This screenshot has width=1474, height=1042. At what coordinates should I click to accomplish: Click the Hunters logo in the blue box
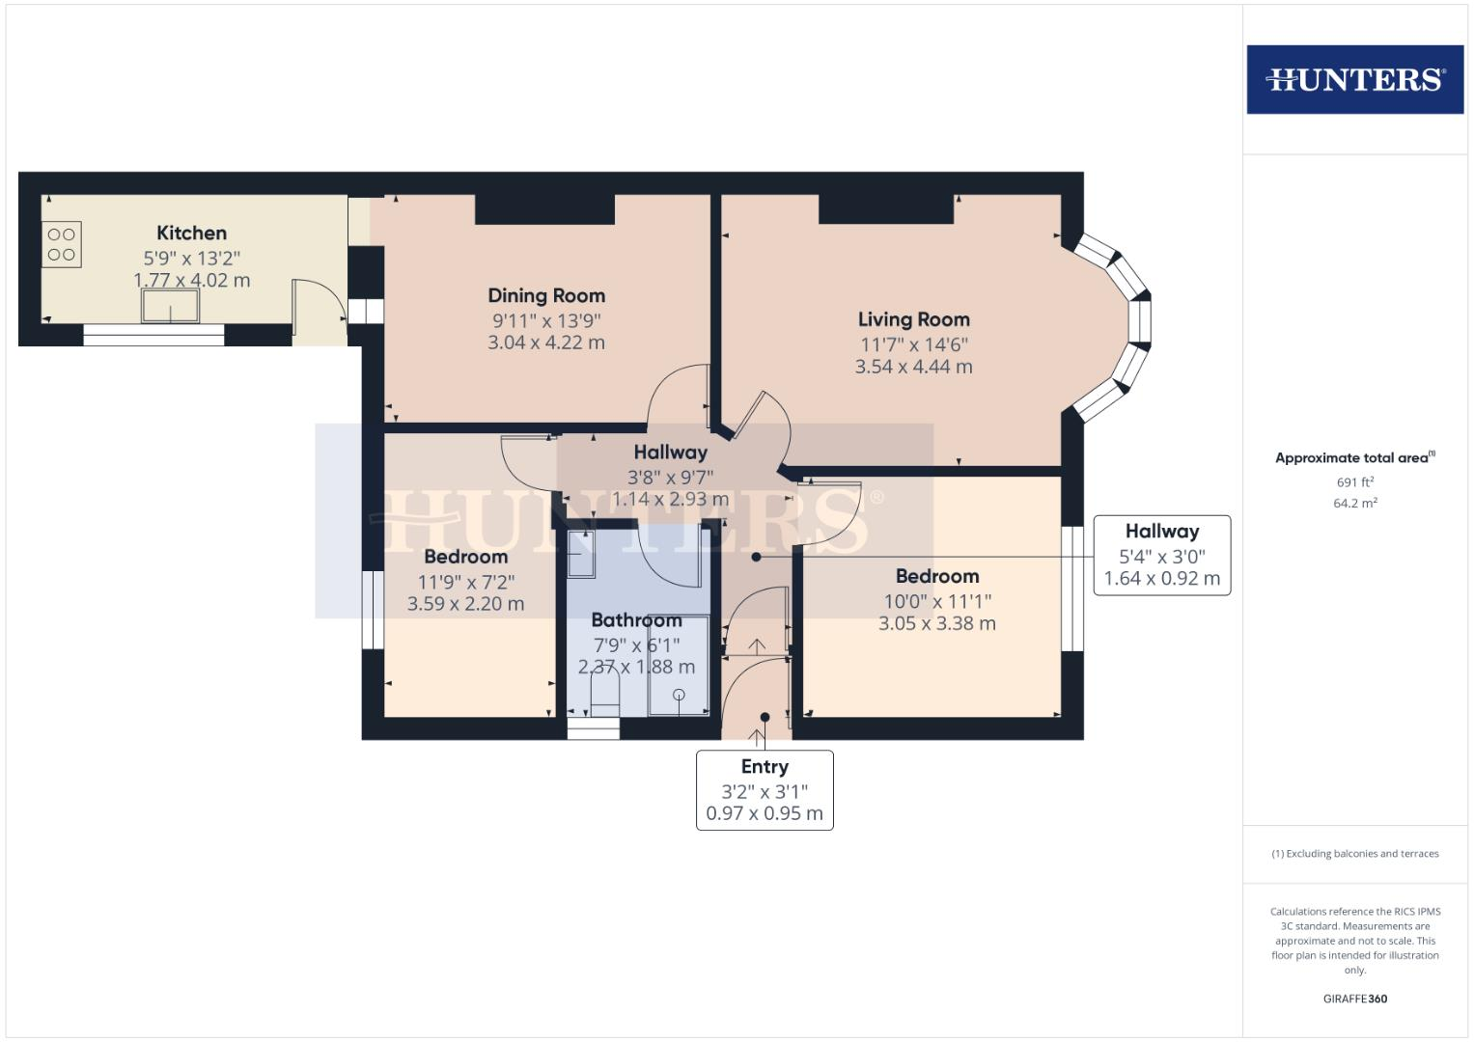click(x=1354, y=79)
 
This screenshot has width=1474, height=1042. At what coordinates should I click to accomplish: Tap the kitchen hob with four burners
click(x=62, y=244)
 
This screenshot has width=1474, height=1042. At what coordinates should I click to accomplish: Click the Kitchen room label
click(x=191, y=233)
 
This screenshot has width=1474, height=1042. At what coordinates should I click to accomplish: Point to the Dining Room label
click(x=546, y=295)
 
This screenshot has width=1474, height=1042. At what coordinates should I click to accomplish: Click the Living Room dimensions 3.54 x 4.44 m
click(x=913, y=367)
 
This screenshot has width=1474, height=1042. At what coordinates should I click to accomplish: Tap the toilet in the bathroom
click(x=604, y=694)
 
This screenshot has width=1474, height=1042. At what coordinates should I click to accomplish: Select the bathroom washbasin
click(x=582, y=554)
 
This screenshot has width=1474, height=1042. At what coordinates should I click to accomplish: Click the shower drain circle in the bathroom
click(x=679, y=695)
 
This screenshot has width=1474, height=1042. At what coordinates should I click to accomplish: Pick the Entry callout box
click(x=765, y=789)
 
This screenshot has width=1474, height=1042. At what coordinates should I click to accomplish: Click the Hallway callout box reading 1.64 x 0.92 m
click(x=1161, y=556)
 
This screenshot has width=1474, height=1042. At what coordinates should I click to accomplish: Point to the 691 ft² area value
click(x=1354, y=481)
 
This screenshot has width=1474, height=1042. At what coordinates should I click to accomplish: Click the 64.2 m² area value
click(x=1354, y=503)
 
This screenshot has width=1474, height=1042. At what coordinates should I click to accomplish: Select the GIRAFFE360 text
click(x=1354, y=999)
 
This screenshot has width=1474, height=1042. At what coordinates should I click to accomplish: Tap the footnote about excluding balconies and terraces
click(x=1354, y=854)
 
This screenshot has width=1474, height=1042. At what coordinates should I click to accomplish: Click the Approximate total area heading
click(x=1354, y=458)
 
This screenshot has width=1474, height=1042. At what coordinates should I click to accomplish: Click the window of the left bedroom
click(x=373, y=610)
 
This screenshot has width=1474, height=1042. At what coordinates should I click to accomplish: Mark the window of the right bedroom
click(x=1071, y=589)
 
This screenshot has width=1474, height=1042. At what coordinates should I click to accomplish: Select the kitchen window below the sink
click(x=153, y=335)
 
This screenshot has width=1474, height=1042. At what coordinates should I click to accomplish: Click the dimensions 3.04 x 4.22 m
click(x=546, y=343)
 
